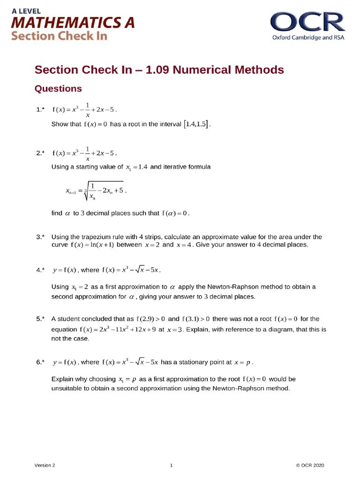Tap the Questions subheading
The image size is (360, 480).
click(x=58, y=89)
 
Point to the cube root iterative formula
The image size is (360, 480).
click(x=96, y=191)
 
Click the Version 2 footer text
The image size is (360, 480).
click(x=45, y=465)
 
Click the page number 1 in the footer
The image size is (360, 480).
click(x=172, y=465)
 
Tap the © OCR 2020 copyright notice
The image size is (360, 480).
click(x=310, y=465)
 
